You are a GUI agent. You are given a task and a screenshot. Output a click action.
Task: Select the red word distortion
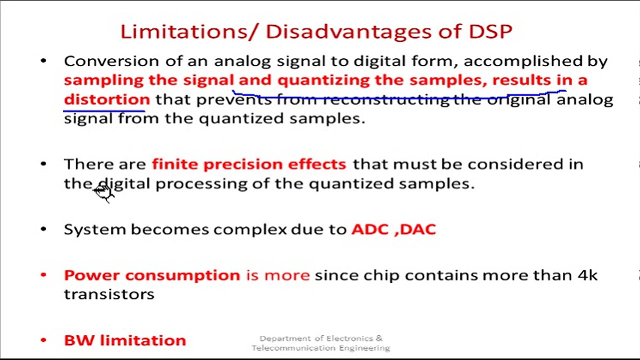106,99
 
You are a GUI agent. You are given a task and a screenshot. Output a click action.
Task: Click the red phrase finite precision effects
248,164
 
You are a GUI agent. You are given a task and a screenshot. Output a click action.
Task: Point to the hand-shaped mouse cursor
104,192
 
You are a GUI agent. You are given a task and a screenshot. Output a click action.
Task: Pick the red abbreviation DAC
418,229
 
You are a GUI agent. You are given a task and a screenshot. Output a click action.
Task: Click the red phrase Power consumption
151,275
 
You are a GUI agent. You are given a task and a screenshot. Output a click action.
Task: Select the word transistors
109,294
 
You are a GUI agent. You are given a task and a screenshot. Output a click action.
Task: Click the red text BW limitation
124,340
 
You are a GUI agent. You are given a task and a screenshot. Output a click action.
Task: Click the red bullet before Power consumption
43,275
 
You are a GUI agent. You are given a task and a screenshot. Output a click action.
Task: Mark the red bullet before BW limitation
43,340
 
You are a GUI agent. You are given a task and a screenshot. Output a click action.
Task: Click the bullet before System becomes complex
43,229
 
